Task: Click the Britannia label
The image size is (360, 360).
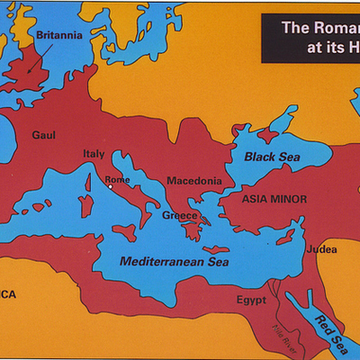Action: (x=59, y=35)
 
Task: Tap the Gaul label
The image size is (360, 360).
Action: (x=44, y=135)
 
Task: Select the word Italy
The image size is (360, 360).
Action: (x=94, y=154)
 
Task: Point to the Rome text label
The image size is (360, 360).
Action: (x=118, y=179)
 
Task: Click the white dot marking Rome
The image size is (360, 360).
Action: (x=111, y=186)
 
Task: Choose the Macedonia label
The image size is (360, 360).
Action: (x=193, y=181)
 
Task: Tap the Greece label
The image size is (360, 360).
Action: (x=180, y=216)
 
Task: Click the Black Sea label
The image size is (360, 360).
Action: (x=272, y=157)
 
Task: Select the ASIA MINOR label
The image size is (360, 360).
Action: (x=274, y=199)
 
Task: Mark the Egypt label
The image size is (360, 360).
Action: (x=253, y=300)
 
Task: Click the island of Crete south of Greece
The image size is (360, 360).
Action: (x=213, y=249)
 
